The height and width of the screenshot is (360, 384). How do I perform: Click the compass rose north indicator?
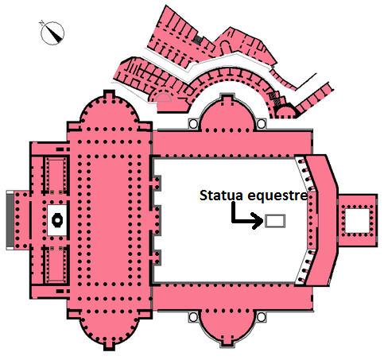(x=52, y=33)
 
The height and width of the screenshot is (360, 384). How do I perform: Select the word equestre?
(x=277, y=196)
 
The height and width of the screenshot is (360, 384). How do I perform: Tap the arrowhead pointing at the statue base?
(x=258, y=221)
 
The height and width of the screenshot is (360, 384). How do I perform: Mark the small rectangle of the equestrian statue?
(x=275, y=221)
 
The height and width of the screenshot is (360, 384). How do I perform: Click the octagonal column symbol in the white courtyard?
(x=57, y=220)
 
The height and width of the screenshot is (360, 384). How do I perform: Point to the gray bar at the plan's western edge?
(x=10, y=220)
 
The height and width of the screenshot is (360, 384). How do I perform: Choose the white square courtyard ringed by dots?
(x=357, y=221)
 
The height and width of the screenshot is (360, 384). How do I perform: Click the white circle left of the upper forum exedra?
(x=193, y=123)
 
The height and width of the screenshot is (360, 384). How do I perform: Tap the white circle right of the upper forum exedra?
(x=262, y=123)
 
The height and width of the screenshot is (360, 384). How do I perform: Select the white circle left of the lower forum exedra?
(x=193, y=316)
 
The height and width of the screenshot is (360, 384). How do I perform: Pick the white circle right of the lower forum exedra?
(x=262, y=317)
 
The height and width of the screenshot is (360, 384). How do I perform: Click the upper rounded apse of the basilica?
(x=109, y=111)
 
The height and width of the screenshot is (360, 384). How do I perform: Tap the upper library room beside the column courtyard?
(x=56, y=174)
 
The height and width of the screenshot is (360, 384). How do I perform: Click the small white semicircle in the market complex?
(x=164, y=98)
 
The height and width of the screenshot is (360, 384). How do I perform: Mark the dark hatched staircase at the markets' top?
(x=198, y=40)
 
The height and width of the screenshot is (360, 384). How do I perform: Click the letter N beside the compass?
(x=41, y=23)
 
